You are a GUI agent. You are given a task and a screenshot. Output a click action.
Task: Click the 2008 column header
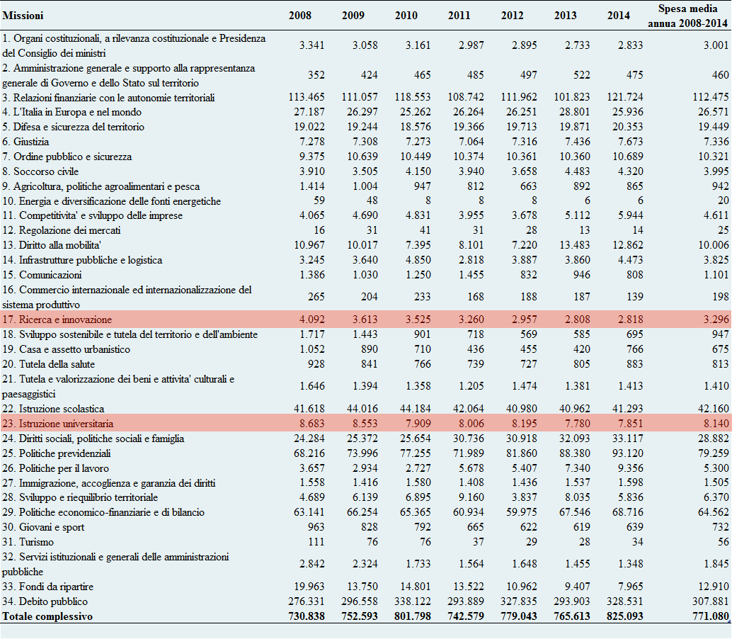click(299, 16)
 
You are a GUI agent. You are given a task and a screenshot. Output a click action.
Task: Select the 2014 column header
click(618, 16)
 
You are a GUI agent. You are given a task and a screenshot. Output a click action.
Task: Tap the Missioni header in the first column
click(23, 16)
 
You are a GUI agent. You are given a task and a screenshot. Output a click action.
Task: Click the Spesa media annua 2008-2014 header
click(688, 16)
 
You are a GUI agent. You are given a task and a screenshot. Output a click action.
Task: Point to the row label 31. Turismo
click(28, 542)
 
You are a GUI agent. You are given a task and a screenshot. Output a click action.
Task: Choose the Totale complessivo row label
click(47, 616)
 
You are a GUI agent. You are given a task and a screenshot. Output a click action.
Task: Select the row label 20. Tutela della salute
click(49, 364)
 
